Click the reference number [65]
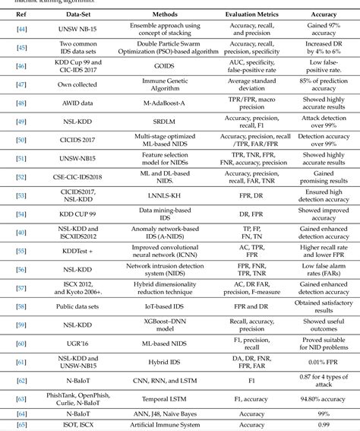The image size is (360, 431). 21,425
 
